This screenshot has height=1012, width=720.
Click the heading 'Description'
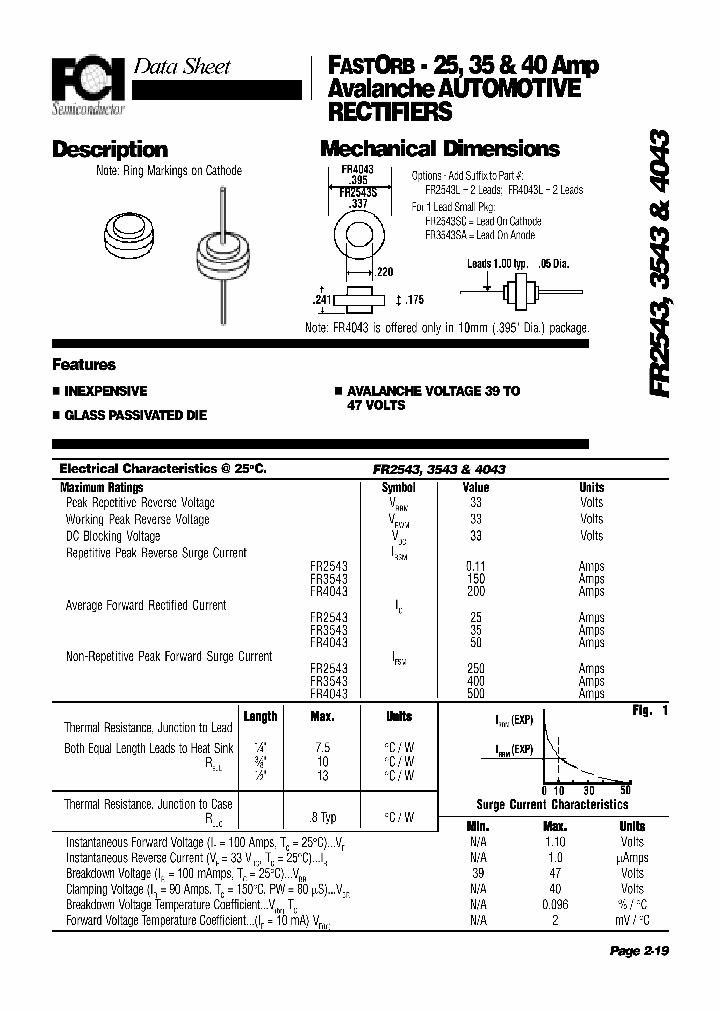click(x=109, y=150)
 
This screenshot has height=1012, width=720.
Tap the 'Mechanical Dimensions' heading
click(x=439, y=149)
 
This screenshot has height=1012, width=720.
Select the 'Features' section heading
click(x=84, y=365)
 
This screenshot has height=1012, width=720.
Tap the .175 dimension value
click(x=415, y=298)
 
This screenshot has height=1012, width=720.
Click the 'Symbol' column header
click(x=398, y=488)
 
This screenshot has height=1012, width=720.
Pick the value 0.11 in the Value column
click(x=475, y=566)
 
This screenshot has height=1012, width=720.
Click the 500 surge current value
click(x=475, y=693)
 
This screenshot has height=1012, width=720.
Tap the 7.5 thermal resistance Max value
click(x=322, y=747)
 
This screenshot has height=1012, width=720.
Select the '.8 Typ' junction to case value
click(x=322, y=817)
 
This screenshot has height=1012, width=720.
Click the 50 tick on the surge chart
click(x=625, y=791)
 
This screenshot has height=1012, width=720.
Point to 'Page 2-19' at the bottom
click(x=638, y=952)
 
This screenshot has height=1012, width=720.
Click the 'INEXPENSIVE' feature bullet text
click(x=105, y=392)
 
